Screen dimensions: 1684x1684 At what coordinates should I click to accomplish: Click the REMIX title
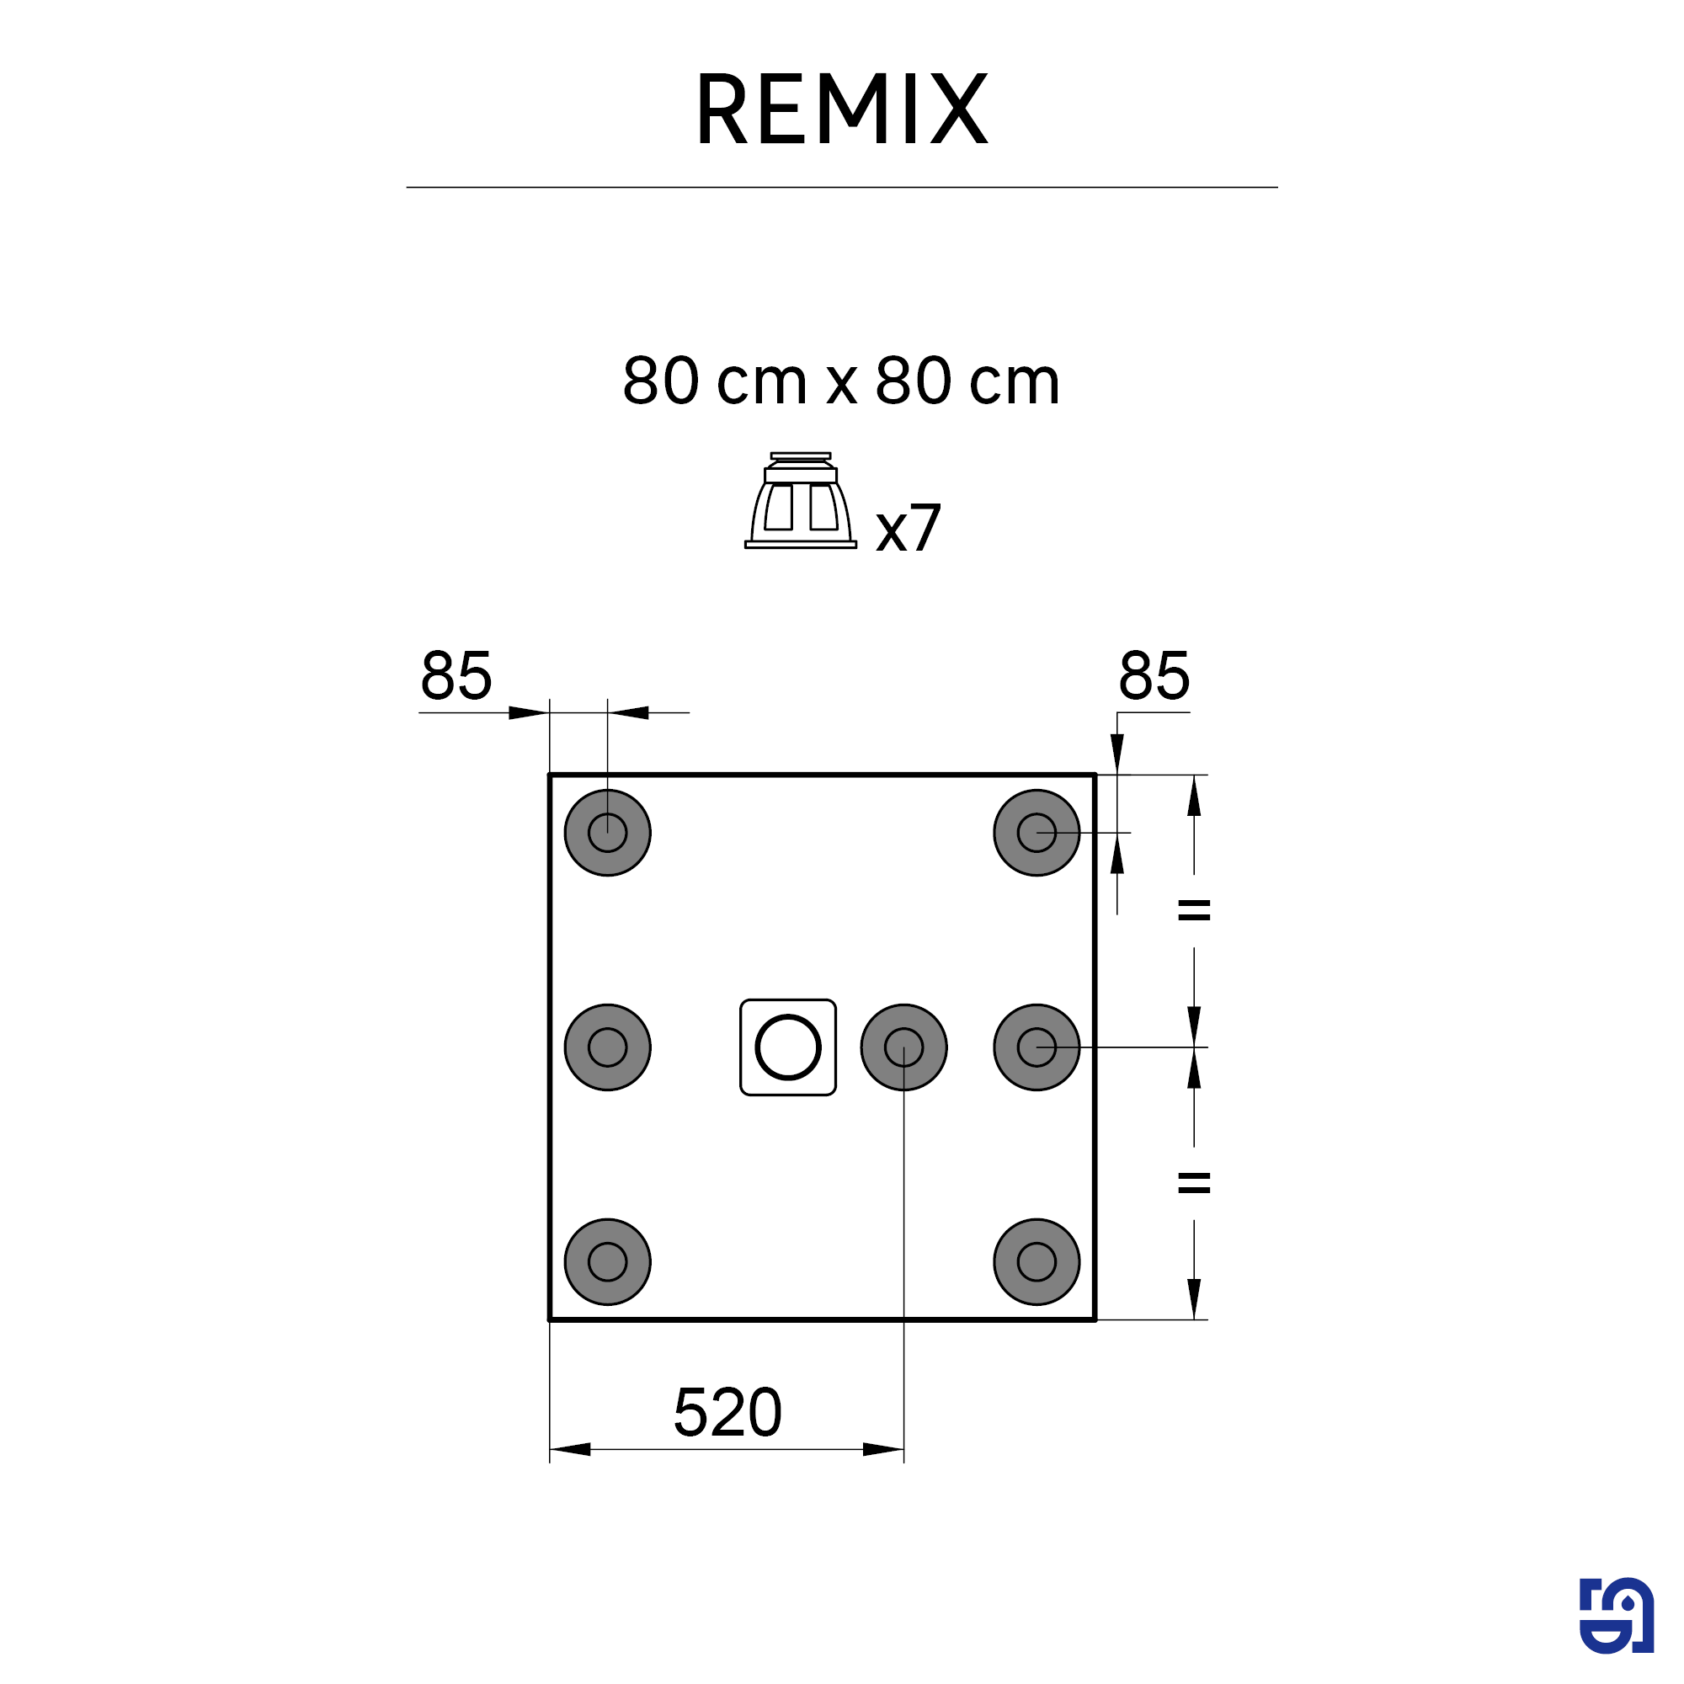(x=841, y=109)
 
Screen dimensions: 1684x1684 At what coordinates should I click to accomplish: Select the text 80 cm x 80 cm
(x=841, y=381)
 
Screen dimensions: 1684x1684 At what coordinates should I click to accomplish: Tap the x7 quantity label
(x=909, y=528)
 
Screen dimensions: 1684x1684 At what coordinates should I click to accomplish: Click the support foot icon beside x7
(x=800, y=500)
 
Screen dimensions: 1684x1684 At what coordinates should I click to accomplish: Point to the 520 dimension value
(x=727, y=1413)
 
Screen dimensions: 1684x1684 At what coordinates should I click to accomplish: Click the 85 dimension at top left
(x=456, y=675)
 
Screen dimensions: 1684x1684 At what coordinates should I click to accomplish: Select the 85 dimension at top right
(x=1154, y=675)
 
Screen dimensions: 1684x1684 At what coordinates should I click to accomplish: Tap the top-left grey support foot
(x=608, y=833)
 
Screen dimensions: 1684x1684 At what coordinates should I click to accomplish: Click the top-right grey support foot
(x=1037, y=833)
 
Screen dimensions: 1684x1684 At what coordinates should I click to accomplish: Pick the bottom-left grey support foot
(x=608, y=1261)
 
